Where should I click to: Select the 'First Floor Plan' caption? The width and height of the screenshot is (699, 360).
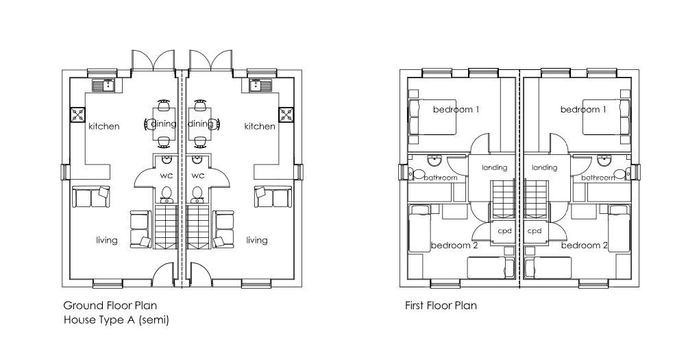coord(440,305)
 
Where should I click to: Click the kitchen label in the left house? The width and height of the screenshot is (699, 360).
coord(103,126)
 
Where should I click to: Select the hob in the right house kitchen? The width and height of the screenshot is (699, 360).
coord(286,115)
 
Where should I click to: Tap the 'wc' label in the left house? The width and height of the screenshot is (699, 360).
coord(165,176)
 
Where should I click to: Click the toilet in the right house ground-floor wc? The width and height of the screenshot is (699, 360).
coord(198,195)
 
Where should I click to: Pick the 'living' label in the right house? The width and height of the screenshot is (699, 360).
coord(257,240)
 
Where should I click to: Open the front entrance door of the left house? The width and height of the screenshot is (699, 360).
coord(163,274)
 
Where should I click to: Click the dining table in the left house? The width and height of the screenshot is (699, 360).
coord(163,123)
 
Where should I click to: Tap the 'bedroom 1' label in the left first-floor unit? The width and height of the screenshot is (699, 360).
coord(456,110)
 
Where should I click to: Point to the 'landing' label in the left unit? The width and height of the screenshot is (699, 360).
coord(494,167)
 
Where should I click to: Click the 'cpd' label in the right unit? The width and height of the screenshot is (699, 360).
coord(535,231)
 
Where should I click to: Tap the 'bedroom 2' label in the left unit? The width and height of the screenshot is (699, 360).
coord(454,245)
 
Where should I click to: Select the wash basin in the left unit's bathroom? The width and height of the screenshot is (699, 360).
coord(434,160)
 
